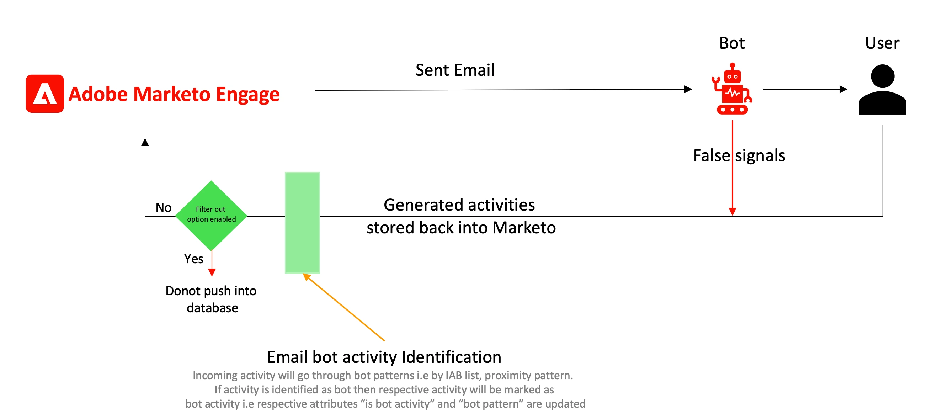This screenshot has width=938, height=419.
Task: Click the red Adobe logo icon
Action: [45, 94]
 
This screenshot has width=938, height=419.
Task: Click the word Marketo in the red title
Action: [172, 94]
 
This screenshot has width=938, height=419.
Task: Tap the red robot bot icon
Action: [732, 89]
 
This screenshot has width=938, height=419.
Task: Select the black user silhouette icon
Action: [882, 90]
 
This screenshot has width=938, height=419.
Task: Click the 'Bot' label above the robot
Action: [732, 43]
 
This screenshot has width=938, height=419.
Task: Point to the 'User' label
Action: [882, 43]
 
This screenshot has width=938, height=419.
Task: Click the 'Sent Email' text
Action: [455, 70]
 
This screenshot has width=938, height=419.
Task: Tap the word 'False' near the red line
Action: [712, 155]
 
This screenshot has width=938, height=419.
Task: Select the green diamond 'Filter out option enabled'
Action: [211, 215]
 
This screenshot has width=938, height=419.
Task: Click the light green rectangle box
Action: [302, 223]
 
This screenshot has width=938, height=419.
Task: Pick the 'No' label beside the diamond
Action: [164, 208]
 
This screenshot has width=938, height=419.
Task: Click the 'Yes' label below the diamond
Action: [193, 259]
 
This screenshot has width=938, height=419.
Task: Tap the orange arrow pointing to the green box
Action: [344, 307]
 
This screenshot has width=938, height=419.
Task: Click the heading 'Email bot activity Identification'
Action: [384, 357]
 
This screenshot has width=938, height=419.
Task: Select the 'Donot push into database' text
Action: [211, 299]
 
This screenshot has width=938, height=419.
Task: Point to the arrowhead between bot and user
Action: [843, 89]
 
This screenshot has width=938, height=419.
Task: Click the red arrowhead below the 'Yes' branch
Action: [212, 272]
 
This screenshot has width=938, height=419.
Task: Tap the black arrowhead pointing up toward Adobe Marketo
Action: [145, 142]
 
